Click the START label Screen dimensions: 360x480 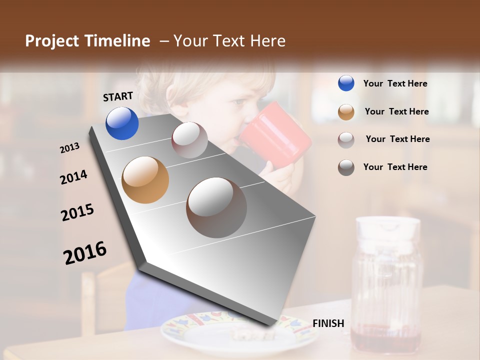pos(118,96)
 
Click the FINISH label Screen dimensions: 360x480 pos(328,323)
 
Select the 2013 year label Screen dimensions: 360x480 pos(69,148)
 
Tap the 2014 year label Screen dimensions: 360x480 pos(73,177)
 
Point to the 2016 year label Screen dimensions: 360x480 pos(85,252)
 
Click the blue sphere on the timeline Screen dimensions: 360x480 pos(122,123)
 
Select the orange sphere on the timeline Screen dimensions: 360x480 pos(145,180)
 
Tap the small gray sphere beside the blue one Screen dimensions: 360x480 pos(189,140)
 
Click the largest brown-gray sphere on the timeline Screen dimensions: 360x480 pos(216,207)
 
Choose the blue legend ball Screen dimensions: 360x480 pos(346,83)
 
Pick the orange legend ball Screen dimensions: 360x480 pos(346,111)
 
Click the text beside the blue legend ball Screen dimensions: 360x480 pos(395,83)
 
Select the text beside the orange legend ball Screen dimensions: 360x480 pos(396,111)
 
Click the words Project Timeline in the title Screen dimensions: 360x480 pos(87,41)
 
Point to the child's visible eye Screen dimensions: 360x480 pos(239,102)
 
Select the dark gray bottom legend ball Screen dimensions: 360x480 pos(346,167)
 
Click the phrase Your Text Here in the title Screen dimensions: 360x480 pos(229,41)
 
